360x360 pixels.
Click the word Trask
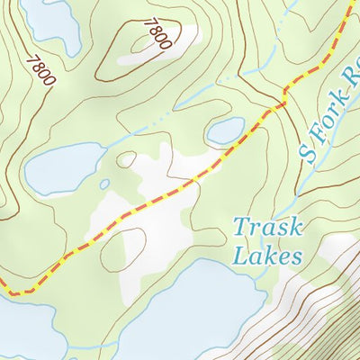(267, 226)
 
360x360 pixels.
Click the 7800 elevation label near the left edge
(40, 71)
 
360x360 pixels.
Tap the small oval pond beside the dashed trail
(225, 130)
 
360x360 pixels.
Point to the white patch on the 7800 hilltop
(175, 40)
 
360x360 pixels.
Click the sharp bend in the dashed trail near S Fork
(286, 91)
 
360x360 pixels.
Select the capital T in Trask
(242, 226)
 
